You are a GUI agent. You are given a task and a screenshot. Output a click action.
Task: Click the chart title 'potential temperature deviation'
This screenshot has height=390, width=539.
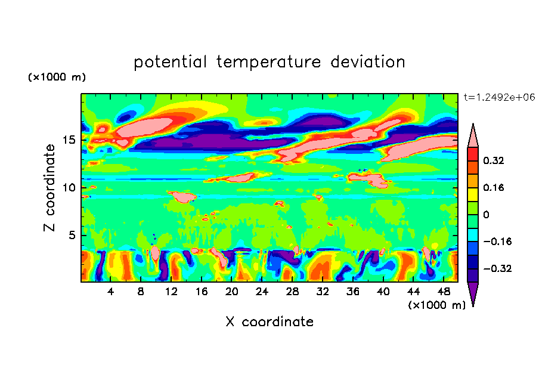pos(269,62)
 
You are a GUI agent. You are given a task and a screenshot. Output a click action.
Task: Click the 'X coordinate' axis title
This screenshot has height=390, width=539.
pos(269,322)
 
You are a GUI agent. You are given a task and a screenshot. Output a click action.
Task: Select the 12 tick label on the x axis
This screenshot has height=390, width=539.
pos(171,292)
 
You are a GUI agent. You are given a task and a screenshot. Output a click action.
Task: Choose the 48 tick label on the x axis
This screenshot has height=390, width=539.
pos(443,292)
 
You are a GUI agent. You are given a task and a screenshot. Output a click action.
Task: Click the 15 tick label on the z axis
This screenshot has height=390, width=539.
pos(69,140)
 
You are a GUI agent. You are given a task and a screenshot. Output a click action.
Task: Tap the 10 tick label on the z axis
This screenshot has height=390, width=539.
pos(69,187)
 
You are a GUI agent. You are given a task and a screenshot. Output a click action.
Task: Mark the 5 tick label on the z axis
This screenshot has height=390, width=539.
pos(72,235)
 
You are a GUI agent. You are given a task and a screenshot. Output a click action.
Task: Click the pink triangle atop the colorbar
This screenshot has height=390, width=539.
pos(473,135)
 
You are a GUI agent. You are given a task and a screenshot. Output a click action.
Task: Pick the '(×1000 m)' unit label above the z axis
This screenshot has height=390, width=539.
pos(57,78)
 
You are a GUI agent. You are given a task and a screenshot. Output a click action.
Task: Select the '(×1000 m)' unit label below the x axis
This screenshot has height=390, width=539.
pos(436,305)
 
